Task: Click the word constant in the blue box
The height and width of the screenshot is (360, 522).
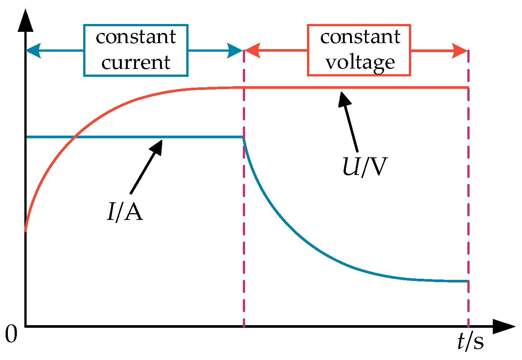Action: pos(136,37)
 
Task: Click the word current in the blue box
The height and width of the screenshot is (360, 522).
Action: pos(136,62)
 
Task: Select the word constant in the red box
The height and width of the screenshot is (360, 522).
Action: pos(360,37)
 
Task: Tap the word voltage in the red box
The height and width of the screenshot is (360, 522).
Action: pos(360,62)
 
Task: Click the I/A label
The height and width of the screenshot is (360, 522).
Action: pos(125,212)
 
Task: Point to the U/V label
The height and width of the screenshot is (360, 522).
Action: pos(364,167)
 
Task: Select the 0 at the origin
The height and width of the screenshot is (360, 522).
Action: pos(11,334)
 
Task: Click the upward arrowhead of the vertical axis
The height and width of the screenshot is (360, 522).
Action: pos(25,21)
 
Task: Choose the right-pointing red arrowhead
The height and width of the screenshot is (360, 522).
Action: pos(460,51)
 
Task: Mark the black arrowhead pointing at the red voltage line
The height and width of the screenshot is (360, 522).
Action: pos(344,100)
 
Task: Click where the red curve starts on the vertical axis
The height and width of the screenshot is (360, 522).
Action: pos(25,230)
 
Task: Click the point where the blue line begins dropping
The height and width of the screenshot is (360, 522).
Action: pos(244,138)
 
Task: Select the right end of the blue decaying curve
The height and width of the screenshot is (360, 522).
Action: pos(467,281)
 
